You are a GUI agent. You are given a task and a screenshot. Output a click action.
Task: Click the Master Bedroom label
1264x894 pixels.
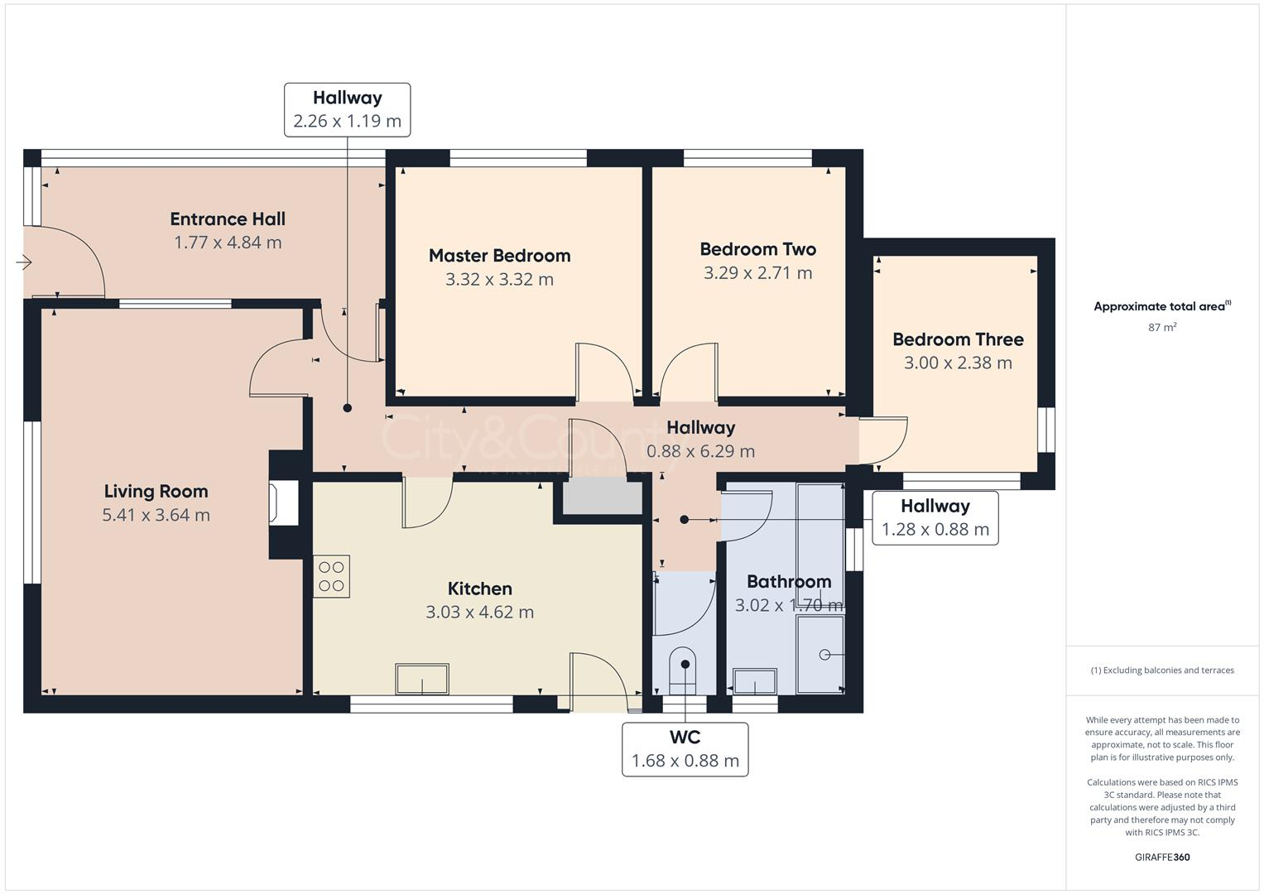(x=499, y=256)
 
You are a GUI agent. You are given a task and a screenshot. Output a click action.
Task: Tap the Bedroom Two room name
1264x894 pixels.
(x=757, y=249)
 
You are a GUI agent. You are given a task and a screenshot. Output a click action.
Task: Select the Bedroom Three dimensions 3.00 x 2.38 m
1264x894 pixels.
(x=958, y=363)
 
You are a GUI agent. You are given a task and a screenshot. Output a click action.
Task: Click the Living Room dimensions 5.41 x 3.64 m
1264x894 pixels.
(x=156, y=515)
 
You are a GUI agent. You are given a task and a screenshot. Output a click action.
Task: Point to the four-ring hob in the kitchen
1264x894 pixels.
(x=331, y=576)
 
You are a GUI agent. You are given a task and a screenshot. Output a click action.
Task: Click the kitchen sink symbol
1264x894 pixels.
(x=422, y=680)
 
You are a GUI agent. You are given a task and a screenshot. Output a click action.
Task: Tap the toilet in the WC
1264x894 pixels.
(x=683, y=670)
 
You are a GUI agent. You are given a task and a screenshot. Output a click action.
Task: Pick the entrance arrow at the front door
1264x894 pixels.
(x=23, y=263)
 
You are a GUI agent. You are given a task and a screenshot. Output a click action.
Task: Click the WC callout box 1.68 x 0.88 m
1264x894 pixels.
(x=685, y=749)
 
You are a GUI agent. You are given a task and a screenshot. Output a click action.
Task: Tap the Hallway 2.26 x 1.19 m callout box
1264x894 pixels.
(x=347, y=109)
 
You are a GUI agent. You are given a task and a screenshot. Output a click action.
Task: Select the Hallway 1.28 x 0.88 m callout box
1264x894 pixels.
(x=935, y=518)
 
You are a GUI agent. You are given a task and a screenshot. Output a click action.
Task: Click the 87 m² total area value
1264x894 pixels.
(x=1161, y=327)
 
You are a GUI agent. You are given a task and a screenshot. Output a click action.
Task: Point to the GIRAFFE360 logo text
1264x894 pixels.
(x=1161, y=857)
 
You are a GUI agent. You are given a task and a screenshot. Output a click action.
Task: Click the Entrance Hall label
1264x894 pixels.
(x=228, y=219)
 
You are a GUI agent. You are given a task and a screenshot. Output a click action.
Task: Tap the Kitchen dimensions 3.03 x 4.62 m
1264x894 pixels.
(x=479, y=613)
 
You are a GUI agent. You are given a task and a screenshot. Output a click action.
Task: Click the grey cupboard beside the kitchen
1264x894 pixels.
(x=603, y=499)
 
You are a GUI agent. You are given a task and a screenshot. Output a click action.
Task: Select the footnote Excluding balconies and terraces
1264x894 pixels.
(x=1161, y=670)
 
